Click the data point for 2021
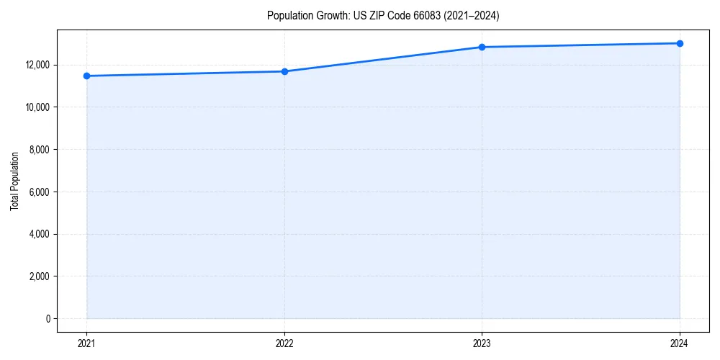tap(86, 76)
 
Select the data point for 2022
tap(284, 71)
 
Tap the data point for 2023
tap(482, 48)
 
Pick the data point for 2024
tap(680, 43)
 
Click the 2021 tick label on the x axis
tap(86, 343)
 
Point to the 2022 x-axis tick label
tap(284, 343)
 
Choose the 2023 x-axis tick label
tap(482, 343)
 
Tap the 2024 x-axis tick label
tap(680, 343)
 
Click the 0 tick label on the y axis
tap(48, 319)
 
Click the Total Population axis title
tap(14, 181)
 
